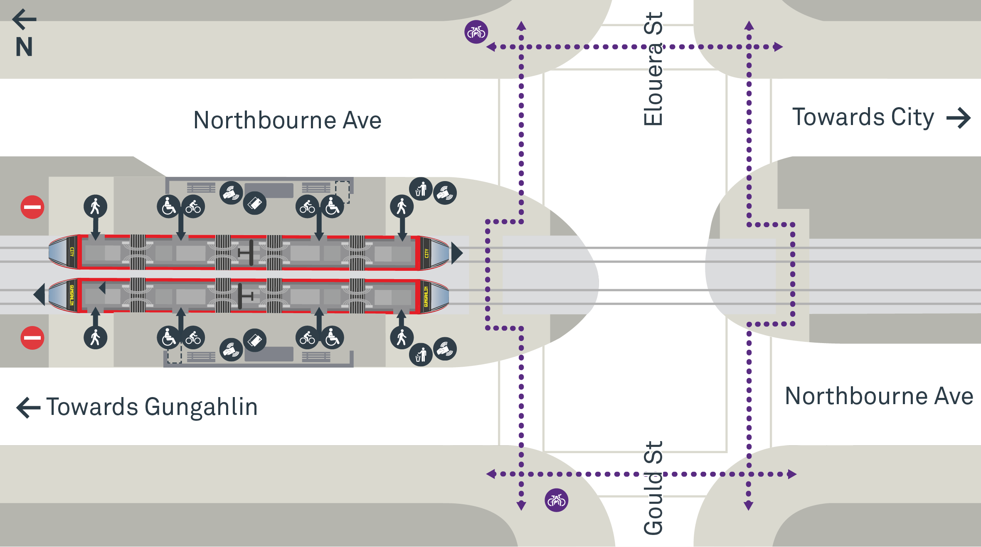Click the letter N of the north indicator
24,47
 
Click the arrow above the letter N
24,19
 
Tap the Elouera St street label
653,69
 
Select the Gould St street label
653,488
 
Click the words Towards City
863,117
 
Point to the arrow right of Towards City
959,118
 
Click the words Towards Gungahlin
152,407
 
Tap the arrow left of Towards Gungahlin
28,407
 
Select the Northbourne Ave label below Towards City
879,396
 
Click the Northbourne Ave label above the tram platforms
287,120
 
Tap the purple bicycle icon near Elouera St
476,32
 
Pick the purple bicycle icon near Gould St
556,500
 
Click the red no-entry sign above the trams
32,207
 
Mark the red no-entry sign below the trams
32,338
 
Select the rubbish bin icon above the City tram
421,189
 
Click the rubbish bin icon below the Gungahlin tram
421,355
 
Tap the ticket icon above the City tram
255,203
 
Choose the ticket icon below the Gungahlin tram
255,340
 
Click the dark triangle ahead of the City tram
457,253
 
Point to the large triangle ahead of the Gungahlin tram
39,294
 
